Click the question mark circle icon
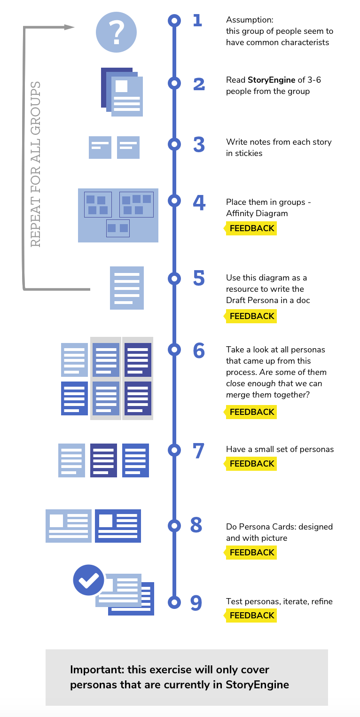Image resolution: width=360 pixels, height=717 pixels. pos(116,32)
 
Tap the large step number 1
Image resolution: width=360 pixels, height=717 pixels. pos(197,20)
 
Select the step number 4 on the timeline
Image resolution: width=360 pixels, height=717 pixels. pos(199,203)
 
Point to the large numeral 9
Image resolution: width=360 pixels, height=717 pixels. pos(196,603)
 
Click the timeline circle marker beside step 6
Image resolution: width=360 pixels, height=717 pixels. pos(174,349)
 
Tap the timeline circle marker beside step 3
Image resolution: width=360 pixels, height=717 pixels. pos(174,144)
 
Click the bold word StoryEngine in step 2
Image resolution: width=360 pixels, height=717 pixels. pos(271,80)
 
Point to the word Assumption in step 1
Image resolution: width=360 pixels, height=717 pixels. pos(250,20)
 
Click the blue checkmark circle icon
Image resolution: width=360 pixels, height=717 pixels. pos(88,580)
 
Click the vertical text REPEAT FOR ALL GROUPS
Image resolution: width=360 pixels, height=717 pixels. pos(36,164)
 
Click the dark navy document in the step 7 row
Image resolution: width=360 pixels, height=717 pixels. pos(103,460)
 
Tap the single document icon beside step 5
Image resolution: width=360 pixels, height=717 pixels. pos(127,288)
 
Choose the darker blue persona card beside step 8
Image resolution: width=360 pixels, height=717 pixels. pos(118,526)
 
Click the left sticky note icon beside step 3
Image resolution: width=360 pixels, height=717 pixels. pos(100,147)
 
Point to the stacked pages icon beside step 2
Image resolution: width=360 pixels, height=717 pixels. pos(122,92)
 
